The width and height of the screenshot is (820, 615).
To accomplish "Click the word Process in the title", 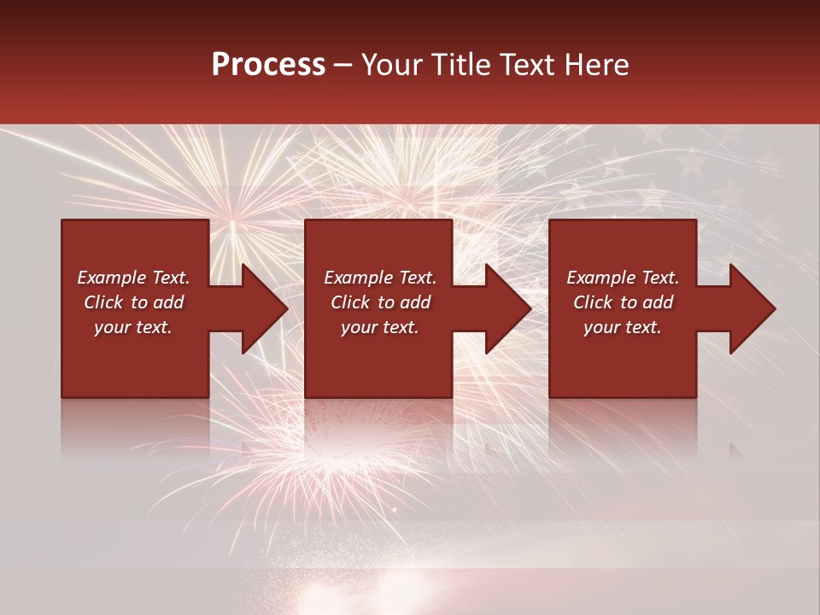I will pyautogui.click(x=268, y=65).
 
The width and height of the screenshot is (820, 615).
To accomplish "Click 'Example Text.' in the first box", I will pyautogui.click(x=133, y=278).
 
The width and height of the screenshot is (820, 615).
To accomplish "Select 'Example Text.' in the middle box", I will pyautogui.click(x=380, y=278).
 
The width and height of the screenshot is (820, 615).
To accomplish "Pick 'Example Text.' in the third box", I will pyautogui.click(x=623, y=278).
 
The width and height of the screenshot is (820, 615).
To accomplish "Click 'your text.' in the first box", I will pyautogui.click(x=133, y=327).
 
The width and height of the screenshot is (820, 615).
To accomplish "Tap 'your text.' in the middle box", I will pyautogui.click(x=380, y=327).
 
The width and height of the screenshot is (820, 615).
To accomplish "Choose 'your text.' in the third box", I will pyautogui.click(x=623, y=327).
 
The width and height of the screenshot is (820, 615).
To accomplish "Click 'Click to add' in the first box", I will pyautogui.click(x=133, y=302).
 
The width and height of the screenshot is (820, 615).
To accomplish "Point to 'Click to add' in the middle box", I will pyautogui.click(x=380, y=302).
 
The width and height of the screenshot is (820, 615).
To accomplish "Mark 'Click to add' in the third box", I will pyautogui.click(x=623, y=302).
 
